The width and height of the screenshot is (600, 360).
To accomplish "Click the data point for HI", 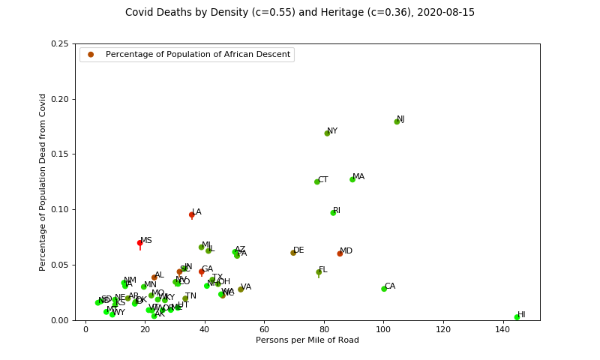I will [x=517, y=317].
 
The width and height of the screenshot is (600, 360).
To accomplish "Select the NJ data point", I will [x=397, y=121].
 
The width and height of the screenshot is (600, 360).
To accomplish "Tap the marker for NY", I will [x=327, y=133].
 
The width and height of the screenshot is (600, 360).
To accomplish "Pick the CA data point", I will [x=384, y=289].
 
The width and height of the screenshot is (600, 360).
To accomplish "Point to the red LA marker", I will [x=192, y=214].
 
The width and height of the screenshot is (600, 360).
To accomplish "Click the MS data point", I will [x=139, y=243].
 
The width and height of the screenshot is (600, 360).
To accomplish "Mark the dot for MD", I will [x=340, y=253].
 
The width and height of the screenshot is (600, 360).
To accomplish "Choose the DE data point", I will [x=293, y=253].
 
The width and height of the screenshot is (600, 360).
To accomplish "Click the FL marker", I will [x=319, y=272].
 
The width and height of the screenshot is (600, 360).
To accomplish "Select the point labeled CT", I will [x=317, y=181].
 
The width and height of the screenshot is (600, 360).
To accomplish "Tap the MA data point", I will [x=352, y=179].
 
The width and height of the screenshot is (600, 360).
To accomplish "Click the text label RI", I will [x=337, y=211].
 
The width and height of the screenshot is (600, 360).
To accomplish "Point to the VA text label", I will [x=246, y=287].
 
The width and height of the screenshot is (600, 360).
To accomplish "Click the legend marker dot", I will [x=91, y=55].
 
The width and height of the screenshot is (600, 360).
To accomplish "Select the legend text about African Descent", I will [x=198, y=55].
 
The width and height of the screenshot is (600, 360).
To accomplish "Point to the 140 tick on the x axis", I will [x=502, y=329].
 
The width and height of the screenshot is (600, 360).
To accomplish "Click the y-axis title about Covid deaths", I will [x=43, y=182].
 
